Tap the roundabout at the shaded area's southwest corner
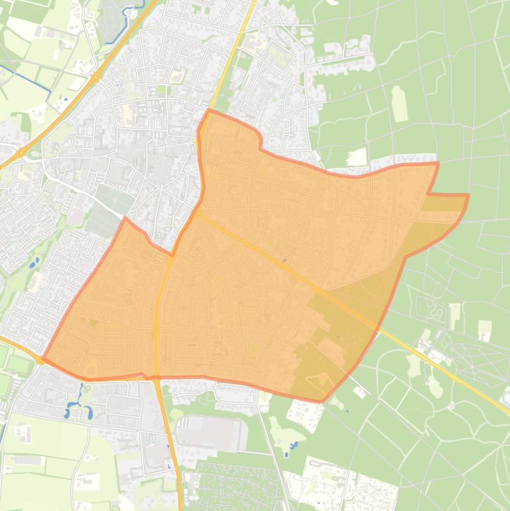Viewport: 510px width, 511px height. tap(41, 360)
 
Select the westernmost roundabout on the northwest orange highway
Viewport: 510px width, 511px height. tap(21, 153)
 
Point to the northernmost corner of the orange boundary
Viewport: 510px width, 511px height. tap(209, 110)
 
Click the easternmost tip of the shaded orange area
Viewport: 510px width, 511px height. tap(468, 195)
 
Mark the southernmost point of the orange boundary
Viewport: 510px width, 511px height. tap(322, 402)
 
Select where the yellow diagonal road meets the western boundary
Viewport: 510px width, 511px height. tap(197, 212)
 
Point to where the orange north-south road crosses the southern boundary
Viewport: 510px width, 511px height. tap(156, 377)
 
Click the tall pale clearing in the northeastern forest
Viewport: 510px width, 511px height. tap(399, 104)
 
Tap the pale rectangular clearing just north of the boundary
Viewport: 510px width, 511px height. tap(357, 157)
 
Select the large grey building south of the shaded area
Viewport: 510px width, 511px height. tap(208, 431)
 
